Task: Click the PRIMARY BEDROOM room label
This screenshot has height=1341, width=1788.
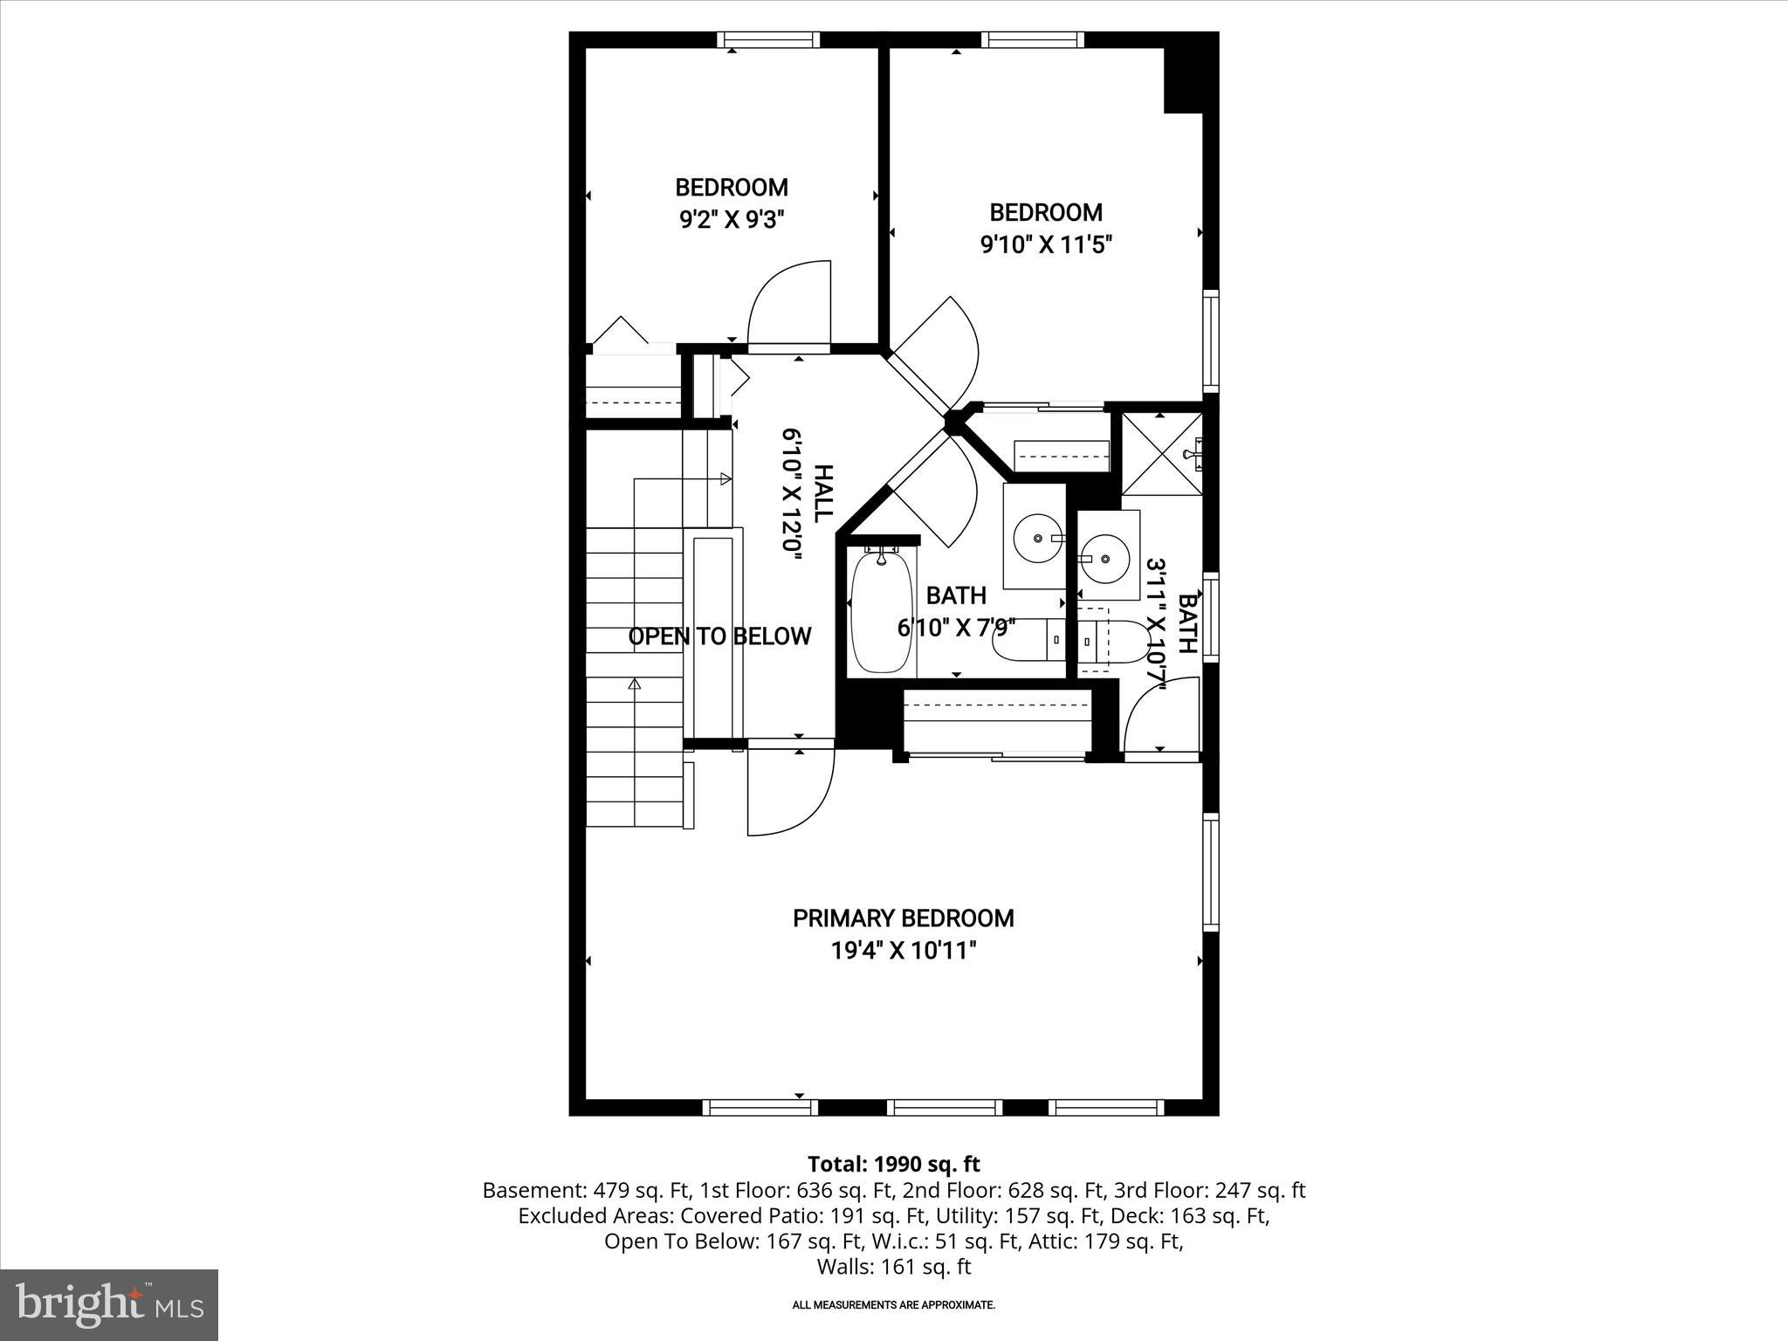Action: [x=903, y=918]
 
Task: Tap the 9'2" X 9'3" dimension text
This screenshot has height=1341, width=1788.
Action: [x=732, y=219]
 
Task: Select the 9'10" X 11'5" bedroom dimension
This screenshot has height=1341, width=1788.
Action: [x=1045, y=244]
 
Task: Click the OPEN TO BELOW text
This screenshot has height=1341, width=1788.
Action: [x=719, y=636]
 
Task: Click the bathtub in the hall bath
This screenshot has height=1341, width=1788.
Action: [x=881, y=611]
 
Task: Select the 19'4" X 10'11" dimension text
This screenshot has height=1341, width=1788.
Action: [x=903, y=951]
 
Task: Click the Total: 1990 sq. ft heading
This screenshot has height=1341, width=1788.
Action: [x=893, y=1165]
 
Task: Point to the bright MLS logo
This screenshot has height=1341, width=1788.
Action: [x=109, y=1305]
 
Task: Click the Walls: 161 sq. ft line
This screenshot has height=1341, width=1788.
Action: [x=893, y=1267]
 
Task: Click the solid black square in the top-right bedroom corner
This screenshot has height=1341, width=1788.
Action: [x=1184, y=79]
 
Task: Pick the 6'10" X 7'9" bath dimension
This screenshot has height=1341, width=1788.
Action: [x=956, y=628]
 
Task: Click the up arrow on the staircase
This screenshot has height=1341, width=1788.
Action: [x=635, y=684]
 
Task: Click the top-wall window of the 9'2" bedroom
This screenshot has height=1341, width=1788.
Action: [x=768, y=39]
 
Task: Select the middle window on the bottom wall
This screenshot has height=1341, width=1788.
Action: [x=945, y=1108]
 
